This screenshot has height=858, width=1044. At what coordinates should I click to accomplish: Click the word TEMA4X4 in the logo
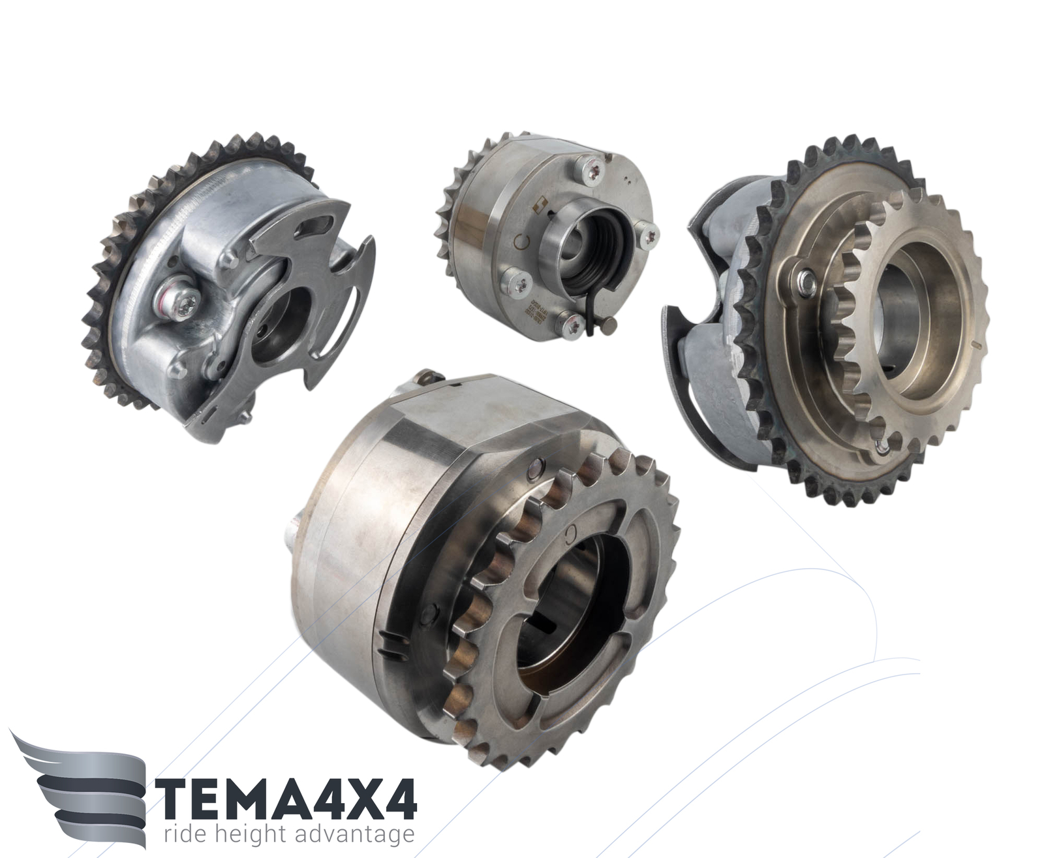pos(288,798)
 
